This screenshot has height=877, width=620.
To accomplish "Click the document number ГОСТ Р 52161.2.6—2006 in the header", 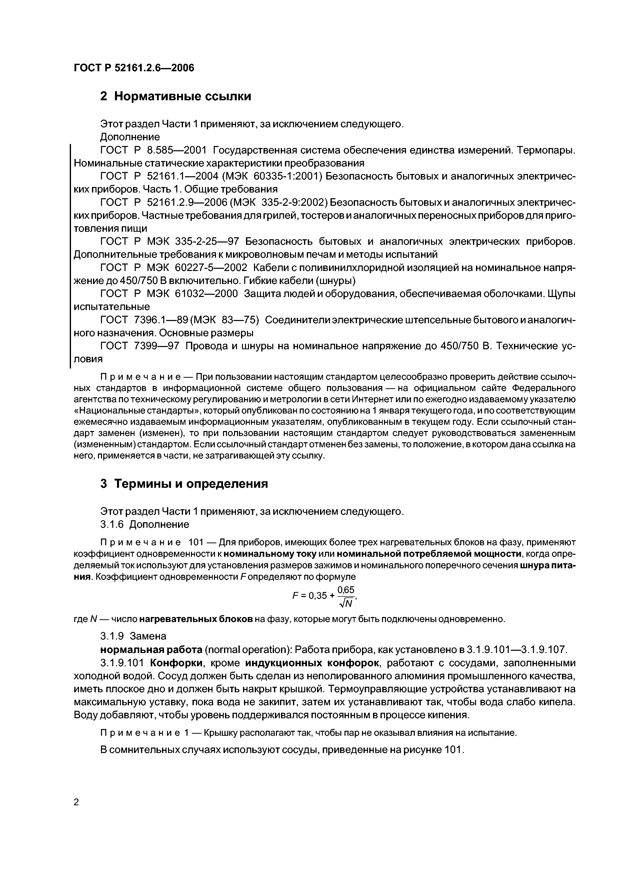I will coord(134,68).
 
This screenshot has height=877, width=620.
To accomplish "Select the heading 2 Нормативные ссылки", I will coord(176,97).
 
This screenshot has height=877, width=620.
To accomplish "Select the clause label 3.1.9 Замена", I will coord(133,636).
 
